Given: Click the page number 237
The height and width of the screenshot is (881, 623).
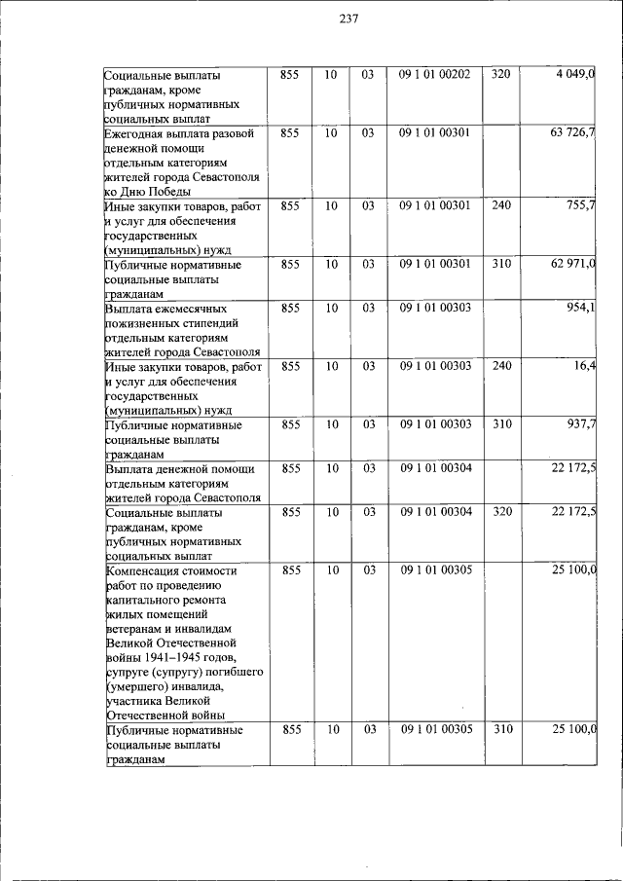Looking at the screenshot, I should click(350, 22).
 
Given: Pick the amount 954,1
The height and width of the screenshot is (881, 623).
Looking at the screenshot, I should click(581, 308).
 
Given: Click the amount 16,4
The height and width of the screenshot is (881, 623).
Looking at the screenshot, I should click(585, 366).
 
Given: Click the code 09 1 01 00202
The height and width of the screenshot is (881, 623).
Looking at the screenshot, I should click(434, 75).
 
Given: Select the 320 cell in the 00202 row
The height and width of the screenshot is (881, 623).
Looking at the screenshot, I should click(500, 75).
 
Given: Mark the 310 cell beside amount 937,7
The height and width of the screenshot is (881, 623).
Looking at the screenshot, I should click(500, 424).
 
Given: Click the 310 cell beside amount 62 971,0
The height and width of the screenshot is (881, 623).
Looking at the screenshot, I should click(500, 264).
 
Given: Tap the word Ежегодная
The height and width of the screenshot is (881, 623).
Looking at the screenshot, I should click(134, 132).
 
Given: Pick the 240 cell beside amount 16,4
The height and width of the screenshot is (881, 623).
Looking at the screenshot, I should click(500, 366).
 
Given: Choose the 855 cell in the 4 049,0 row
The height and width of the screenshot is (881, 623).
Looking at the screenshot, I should click(291, 75).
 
